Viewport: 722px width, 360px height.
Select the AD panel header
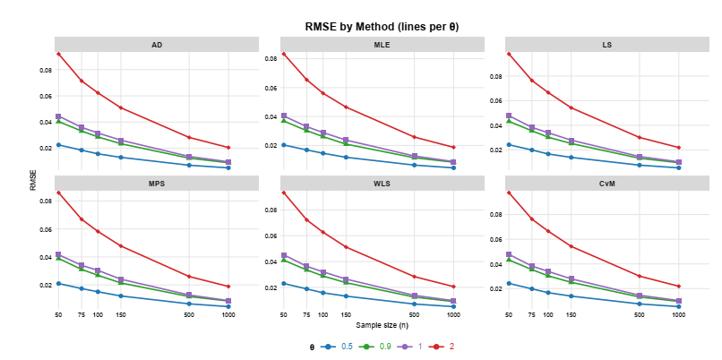[x=157, y=44]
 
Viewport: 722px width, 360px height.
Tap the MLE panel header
[x=382, y=44]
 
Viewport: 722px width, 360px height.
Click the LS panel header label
[x=606, y=44]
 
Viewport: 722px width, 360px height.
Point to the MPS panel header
[x=157, y=184]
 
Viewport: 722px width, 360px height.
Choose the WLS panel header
[x=382, y=184]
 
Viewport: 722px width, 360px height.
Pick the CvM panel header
[x=606, y=184]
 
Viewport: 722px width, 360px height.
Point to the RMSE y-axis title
[x=34, y=180]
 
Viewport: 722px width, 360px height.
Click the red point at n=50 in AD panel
[x=58, y=54]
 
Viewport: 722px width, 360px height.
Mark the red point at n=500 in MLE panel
[x=414, y=137]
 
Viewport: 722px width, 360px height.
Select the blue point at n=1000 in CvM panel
[x=678, y=306]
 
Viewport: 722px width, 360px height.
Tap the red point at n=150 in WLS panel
[x=345, y=247]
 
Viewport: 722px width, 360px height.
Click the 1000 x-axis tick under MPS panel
[x=228, y=315]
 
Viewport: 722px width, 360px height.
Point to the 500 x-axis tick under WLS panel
[x=414, y=315]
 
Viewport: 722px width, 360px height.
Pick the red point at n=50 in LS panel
[x=509, y=54]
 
